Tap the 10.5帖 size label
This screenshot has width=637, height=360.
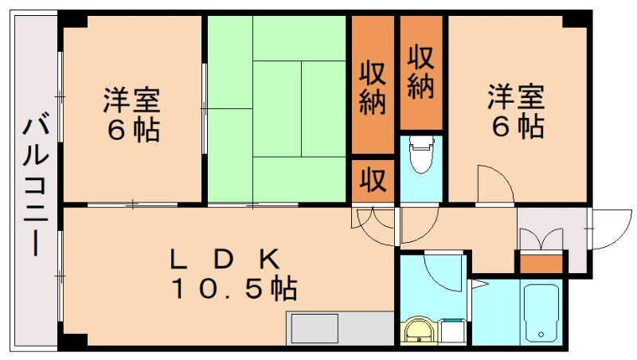232,288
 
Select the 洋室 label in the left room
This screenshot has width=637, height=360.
131,100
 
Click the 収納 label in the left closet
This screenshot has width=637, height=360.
373,88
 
